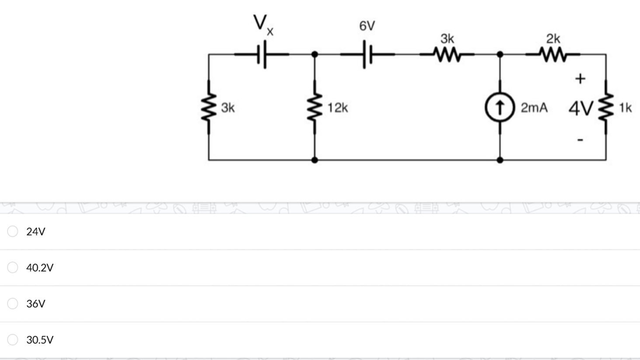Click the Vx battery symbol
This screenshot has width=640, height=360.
click(x=262, y=54)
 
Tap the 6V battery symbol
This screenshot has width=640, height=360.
click(x=367, y=54)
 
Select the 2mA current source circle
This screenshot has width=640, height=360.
click(x=500, y=107)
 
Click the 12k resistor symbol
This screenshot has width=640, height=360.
click(x=314, y=107)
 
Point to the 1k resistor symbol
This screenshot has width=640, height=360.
click(x=606, y=107)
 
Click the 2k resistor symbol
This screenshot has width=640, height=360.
click(x=553, y=55)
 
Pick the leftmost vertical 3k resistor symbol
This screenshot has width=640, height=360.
click(x=209, y=107)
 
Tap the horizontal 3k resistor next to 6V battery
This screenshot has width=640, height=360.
click(x=447, y=55)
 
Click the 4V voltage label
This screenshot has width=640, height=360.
click(x=581, y=108)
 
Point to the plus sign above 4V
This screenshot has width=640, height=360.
click(x=580, y=78)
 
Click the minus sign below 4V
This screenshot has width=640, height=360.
click(x=580, y=140)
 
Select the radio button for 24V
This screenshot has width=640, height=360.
click(x=13, y=231)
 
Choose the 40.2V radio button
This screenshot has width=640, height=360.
click(x=13, y=267)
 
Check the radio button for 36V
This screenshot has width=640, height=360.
click(x=13, y=303)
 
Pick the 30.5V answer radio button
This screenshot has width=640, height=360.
click(x=13, y=339)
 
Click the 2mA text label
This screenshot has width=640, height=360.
click(x=534, y=108)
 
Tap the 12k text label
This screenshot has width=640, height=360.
click(x=337, y=108)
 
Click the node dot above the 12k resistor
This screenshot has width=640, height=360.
click(x=314, y=54)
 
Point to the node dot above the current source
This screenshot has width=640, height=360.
click(x=500, y=54)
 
